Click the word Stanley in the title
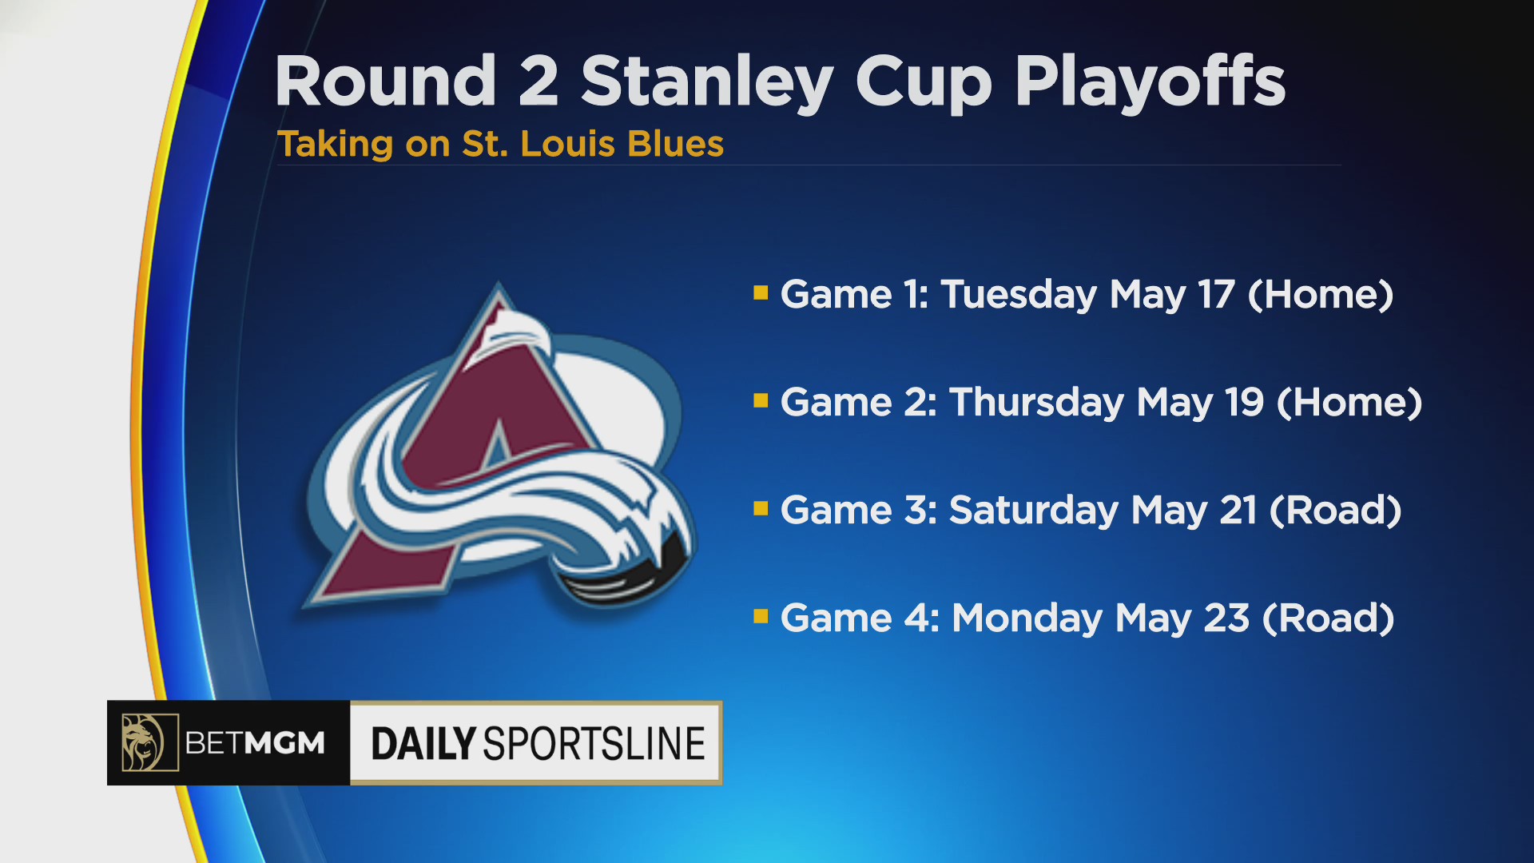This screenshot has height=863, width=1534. pyautogui.click(x=707, y=83)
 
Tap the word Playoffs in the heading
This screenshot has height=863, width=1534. pyautogui.click(x=1150, y=83)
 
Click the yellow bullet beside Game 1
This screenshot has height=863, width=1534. pyautogui.click(x=761, y=292)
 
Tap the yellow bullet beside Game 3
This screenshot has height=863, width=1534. pyautogui.click(x=761, y=508)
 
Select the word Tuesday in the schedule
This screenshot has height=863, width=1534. pyautogui.click(x=1019, y=296)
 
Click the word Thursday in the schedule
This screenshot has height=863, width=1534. pyautogui.click(x=1036, y=404)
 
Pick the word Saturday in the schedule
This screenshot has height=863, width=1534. pyautogui.click(x=1034, y=511)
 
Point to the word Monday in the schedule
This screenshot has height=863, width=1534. pyautogui.click(x=1027, y=619)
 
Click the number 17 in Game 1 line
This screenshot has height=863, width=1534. pyautogui.click(x=1216, y=295)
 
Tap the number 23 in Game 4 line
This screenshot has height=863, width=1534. pyautogui.click(x=1226, y=618)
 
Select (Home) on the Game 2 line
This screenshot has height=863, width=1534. pyautogui.click(x=1349, y=403)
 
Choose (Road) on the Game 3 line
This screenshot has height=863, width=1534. pyautogui.click(x=1335, y=511)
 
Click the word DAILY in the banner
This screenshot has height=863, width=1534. pyautogui.click(x=423, y=744)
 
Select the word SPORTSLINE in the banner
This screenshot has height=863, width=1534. pyautogui.click(x=594, y=744)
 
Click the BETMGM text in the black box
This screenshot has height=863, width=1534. pyautogui.click(x=255, y=743)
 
